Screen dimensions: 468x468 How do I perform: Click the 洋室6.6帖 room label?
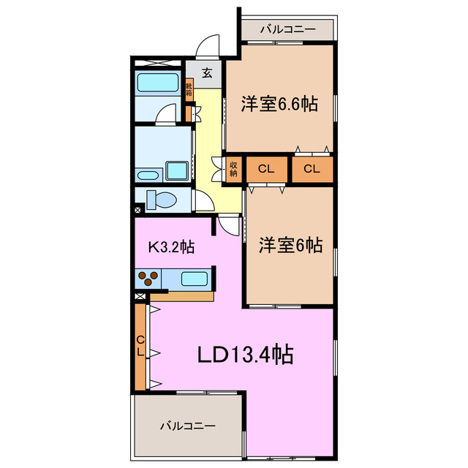click(279, 104)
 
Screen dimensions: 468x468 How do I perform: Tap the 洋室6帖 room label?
click(290, 245)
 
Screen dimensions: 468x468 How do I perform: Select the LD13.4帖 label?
click(246, 354)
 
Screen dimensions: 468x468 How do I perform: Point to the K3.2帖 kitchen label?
click(172, 247)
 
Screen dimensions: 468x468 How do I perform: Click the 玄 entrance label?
click(207, 73)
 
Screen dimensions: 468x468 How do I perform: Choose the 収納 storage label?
click(233, 169)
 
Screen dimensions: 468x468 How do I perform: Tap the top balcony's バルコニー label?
click(288, 29)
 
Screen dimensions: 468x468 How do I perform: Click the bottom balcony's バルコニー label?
click(188, 426)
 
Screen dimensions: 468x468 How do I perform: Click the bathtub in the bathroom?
click(158, 83)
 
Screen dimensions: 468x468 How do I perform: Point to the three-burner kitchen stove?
click(148, 278)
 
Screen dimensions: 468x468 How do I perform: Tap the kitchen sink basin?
click(195, 279)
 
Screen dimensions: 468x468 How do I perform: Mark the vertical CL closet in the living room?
click(140, 347)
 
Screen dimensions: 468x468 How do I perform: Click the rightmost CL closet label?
click(312, 169)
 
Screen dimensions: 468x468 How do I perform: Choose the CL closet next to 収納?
click(266, 169)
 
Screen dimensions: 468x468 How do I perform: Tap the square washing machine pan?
click(177, 170)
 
